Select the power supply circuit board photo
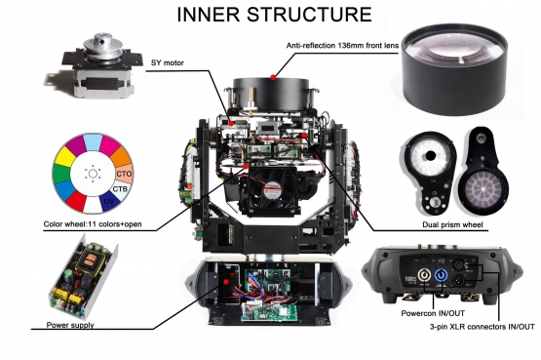89,283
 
